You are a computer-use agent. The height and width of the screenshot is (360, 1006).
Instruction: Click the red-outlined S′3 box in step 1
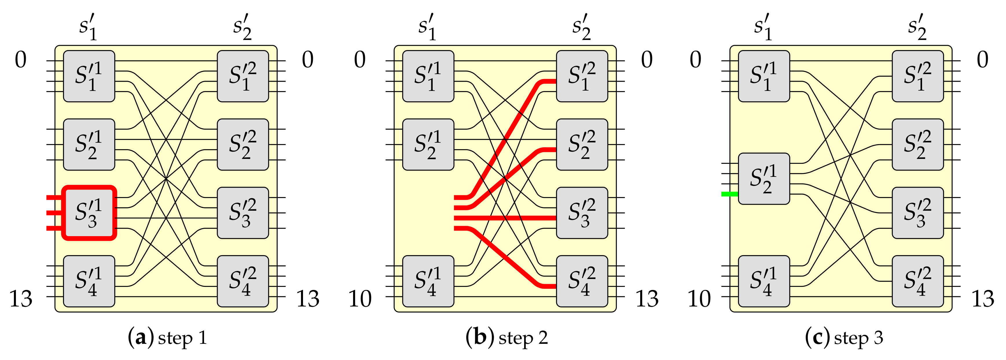[x=89, y=213]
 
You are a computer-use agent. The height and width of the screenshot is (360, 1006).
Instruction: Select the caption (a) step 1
[x=167, y=338]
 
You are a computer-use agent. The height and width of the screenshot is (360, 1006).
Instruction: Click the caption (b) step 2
[x=506, y=338]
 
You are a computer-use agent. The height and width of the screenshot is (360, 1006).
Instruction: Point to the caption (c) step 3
[x=844, y=338]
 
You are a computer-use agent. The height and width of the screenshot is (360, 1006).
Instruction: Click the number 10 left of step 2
[x=360, y=299]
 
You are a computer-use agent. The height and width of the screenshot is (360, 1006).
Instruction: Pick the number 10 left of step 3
[x=699, y=299]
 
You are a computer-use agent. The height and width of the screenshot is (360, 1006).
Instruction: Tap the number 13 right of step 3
[x=983, y=299]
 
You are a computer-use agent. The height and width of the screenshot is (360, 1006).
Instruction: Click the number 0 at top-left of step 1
[x=21, y=60]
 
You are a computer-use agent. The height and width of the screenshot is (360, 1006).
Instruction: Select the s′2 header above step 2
[x=581, y=27]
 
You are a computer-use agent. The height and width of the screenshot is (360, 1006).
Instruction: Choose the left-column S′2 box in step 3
[x=764, y=179]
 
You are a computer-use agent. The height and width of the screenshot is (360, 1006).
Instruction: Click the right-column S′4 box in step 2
[x=582, y=281]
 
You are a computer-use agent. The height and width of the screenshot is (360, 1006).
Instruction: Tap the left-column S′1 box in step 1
[x=89, y=76]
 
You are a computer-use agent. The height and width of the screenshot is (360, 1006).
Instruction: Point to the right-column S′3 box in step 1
[x=243, y=213]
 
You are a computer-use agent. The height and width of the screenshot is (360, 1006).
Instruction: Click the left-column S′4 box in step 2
[x=428, y=281]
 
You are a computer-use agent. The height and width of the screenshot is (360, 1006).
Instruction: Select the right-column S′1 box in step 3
[x=918, y=76]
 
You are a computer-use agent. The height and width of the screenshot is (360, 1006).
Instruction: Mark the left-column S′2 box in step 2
[x=428, y=144]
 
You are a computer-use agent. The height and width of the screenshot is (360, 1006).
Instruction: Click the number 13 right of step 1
[x=308, y=299]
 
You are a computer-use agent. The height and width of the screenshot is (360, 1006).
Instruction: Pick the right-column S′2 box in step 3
[x=918, y=144]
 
